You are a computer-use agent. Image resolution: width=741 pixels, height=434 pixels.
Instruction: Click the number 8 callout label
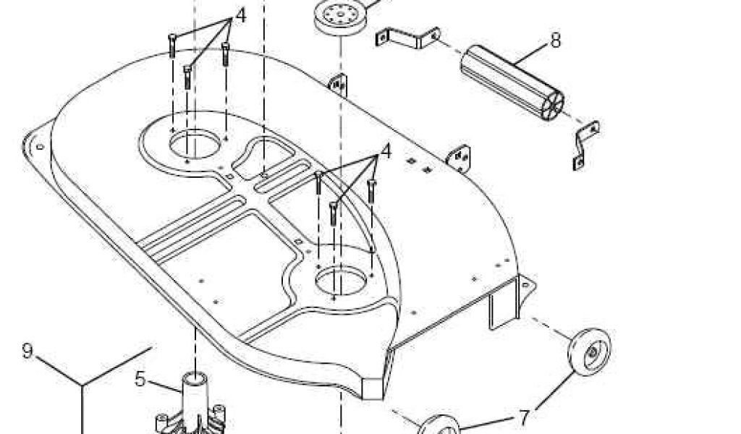pyautogui.click(x=555, y=41)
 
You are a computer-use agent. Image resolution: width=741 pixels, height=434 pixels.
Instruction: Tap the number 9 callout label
pyautogui.click(x=27, y=352)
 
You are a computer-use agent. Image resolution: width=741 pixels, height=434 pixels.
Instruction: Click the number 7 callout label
pyautogui.click(x=524, y=417)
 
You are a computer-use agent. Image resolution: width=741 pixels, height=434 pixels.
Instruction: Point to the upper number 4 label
pyautogui.click(x=240, y=15)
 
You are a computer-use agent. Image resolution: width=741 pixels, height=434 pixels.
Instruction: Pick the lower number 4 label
pyautogui.click(x=385, y=151)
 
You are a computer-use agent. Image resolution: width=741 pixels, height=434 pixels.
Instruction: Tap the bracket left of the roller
pyautogui.click(x=407, y=38)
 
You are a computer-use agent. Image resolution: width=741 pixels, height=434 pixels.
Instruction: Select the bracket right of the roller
pyautogui.click(x=585, y=145)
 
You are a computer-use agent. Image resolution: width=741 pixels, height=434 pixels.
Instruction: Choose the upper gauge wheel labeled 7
pyautogui.click(x=589, y=352)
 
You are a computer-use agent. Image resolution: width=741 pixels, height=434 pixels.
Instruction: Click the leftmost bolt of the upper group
pyautogui.click(x=172, y=46)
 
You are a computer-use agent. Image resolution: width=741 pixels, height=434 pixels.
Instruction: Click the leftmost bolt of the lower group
pyautogui.click(x=318, y=184)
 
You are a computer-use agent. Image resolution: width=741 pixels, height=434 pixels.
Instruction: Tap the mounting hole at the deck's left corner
pyautogui.click(x=40, y=147)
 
